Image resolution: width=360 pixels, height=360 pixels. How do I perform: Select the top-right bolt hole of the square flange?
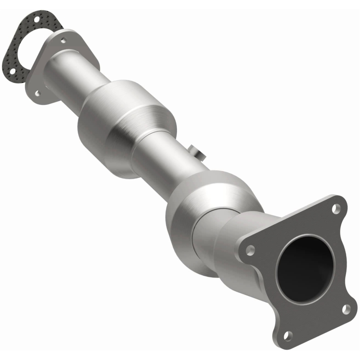pos(335,209)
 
